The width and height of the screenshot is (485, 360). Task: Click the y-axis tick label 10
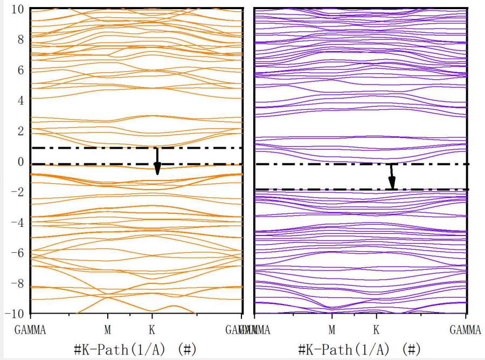(19, 9)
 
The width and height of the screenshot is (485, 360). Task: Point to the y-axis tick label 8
(21, 39)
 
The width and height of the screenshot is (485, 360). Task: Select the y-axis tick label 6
(21, 70)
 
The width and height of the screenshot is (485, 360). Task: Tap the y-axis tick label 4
(21, 100)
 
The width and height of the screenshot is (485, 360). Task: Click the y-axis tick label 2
(21, 131)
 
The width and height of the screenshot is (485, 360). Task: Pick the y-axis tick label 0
(21, 162)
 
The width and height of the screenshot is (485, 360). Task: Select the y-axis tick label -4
(18, 223)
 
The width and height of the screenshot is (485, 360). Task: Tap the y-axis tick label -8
(18, 283)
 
